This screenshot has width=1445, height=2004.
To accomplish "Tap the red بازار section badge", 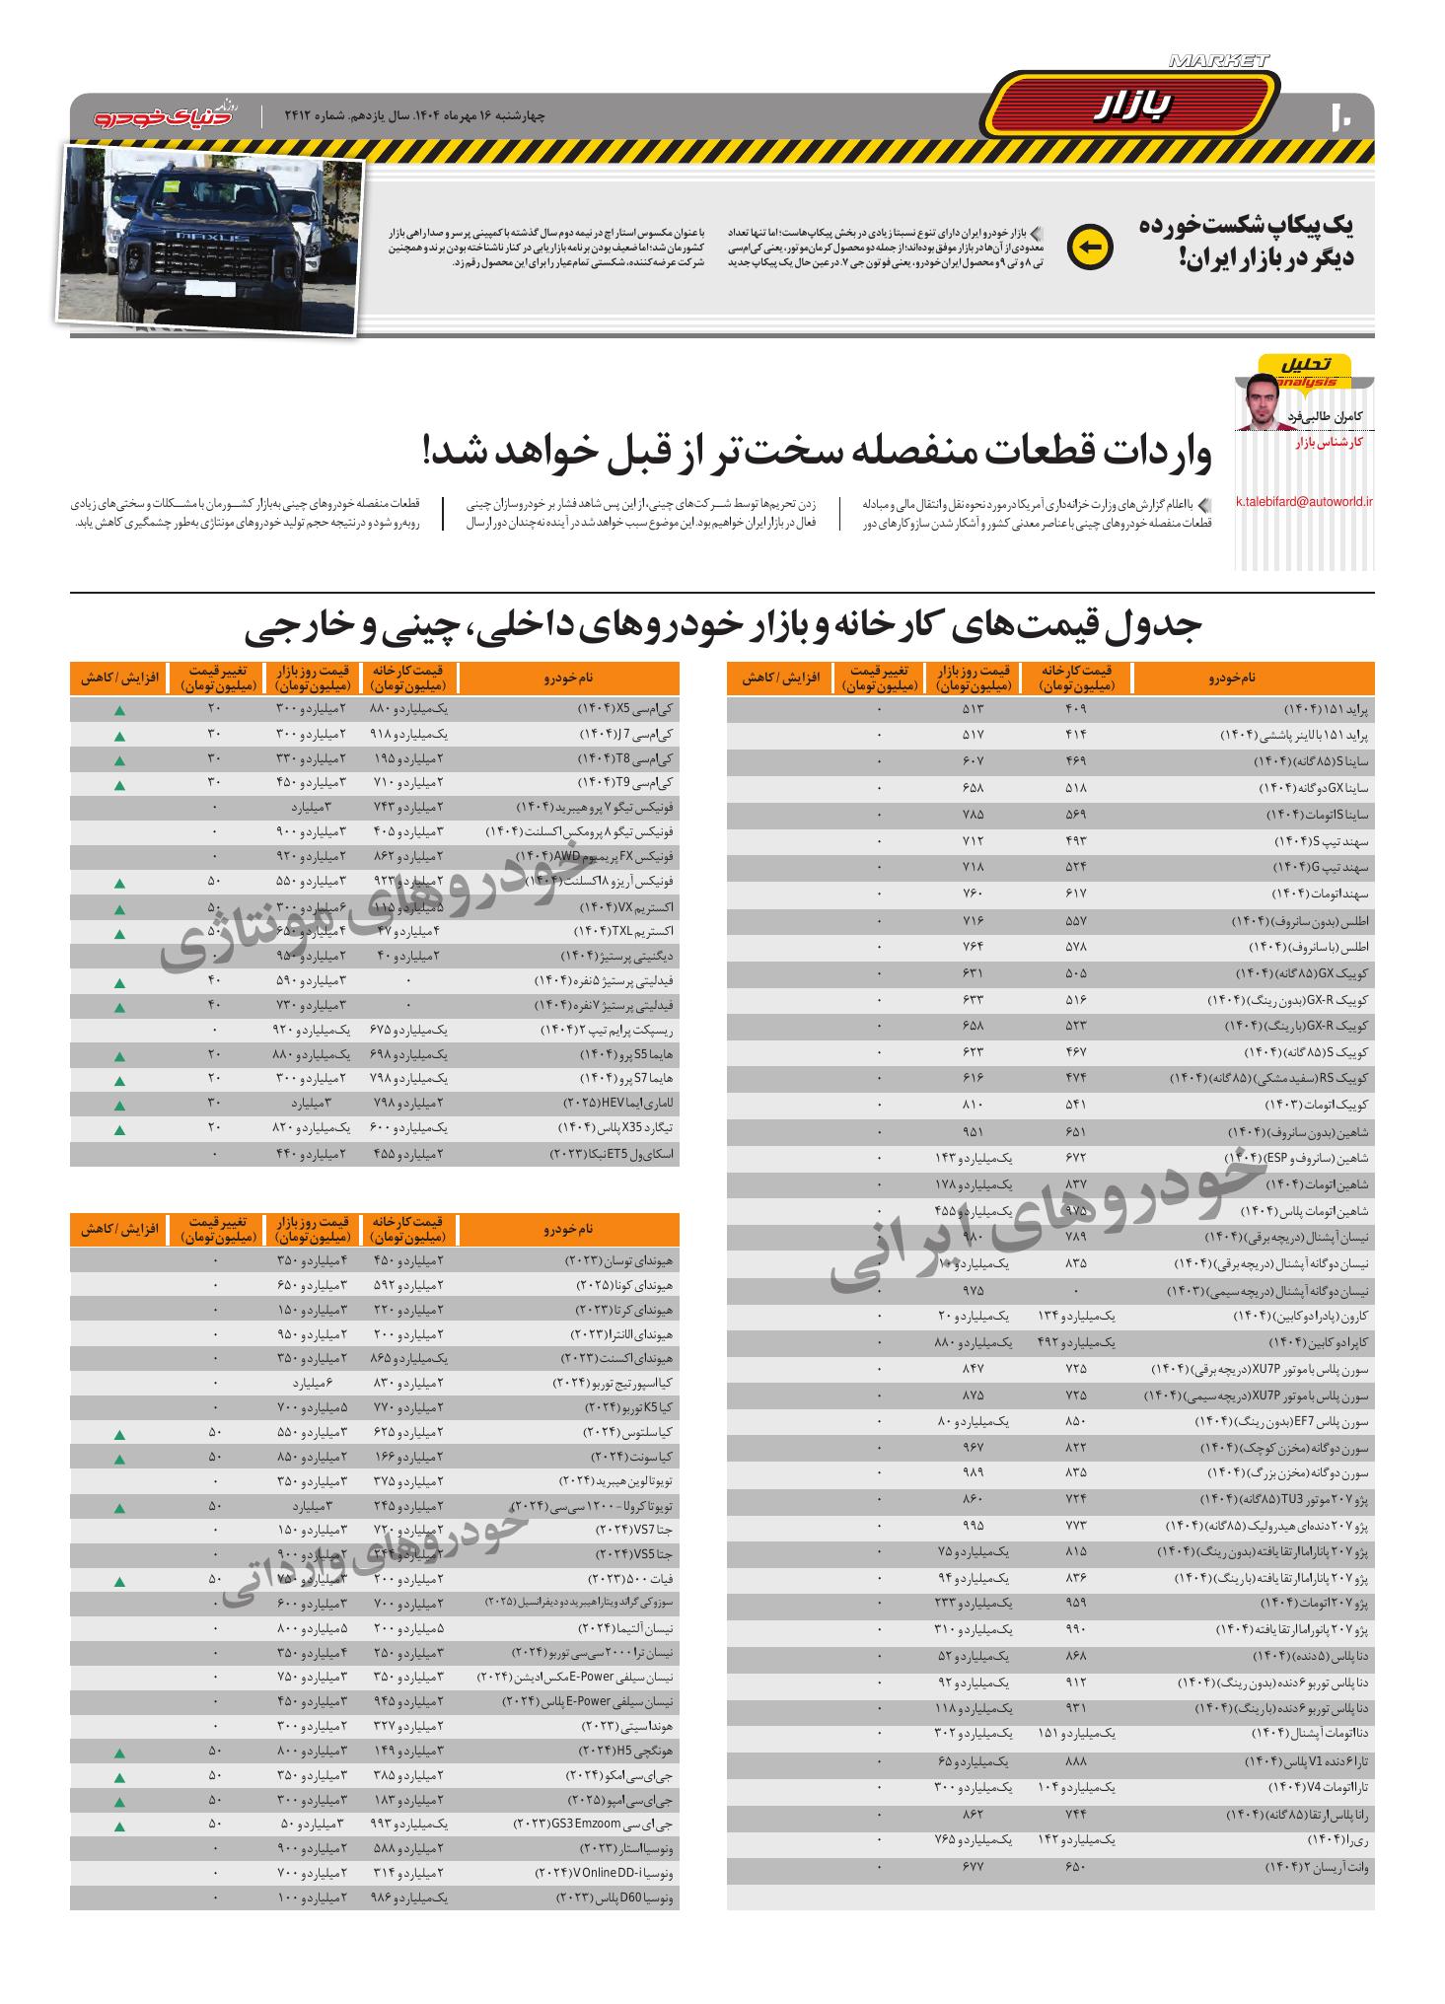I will click(x=1130, y=106).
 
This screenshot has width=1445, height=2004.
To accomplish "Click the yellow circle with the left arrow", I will click(x=1090, y=247).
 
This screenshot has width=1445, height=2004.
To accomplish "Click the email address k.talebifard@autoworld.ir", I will click(x=1305, y=501).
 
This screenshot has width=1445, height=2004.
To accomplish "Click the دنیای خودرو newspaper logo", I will click(x=167, y=114).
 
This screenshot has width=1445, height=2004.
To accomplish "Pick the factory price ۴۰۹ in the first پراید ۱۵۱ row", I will click(x=1075, y=709).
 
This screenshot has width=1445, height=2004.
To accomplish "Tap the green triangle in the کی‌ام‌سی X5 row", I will click(x=118, y=710).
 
